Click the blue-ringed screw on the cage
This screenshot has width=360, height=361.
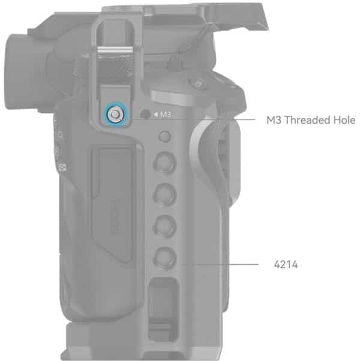115,114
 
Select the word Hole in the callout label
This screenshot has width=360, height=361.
344,120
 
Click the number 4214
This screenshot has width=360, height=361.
286,264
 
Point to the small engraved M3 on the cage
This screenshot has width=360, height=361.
166,114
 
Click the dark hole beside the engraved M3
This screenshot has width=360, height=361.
145,114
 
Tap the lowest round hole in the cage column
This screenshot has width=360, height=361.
165,258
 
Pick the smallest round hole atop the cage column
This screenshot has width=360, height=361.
164,136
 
